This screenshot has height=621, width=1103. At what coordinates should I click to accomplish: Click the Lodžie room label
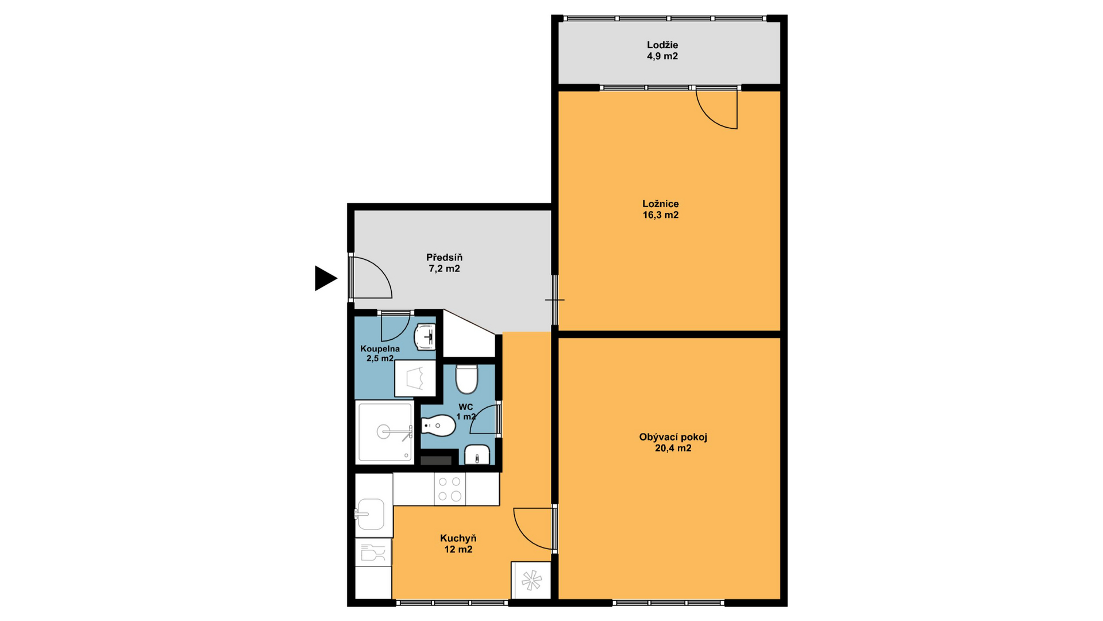pos(662,45)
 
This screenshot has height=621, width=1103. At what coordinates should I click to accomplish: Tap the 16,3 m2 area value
pos(661,215)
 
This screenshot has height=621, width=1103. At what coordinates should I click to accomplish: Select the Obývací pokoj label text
pos(673,437)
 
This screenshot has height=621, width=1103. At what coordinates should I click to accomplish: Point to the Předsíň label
pos(444,258)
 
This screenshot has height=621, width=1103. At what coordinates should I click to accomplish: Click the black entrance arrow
pos(325,278)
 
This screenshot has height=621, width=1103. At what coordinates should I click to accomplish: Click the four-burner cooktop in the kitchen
pos(450,489)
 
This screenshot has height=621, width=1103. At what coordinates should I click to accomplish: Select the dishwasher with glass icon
pos(373,553)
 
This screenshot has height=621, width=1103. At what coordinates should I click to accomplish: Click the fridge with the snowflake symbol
pos(531,580)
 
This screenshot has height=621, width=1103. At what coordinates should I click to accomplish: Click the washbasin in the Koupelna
pos(425,337)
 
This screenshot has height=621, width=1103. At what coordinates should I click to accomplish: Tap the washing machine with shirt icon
pos(415,378)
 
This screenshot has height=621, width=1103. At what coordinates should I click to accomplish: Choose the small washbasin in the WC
pos(477,455)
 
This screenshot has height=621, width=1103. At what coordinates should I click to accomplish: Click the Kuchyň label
pos(458,539)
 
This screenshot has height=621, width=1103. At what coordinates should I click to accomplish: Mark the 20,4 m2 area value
pos(673,448)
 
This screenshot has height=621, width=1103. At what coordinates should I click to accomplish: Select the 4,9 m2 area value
pos(662,56)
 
